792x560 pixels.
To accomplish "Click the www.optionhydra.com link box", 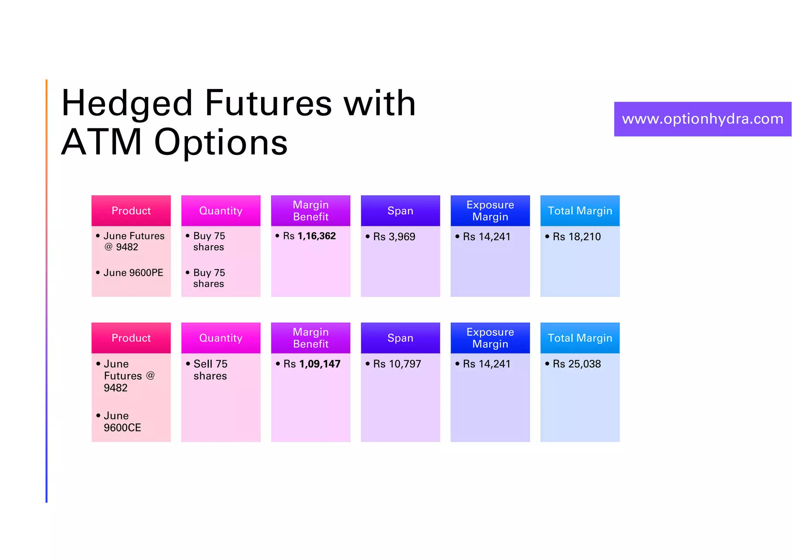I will click(702, 119).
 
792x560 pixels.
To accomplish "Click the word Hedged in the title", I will click(127, 103).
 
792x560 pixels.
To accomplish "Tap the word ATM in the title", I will click(102, 142).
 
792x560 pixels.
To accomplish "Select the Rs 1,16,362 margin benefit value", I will click(309, 236).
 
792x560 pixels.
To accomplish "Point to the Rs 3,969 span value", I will click(394, 237).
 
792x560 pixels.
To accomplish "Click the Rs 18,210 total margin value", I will click(577, 237).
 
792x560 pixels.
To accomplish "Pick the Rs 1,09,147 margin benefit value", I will click(312, 364).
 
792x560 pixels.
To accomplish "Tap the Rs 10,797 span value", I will click(397, 364).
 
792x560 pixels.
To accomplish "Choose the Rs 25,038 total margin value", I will click(577, 364).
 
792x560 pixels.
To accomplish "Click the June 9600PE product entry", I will click(133, 273).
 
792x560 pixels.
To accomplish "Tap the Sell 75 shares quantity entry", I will click(210, 370).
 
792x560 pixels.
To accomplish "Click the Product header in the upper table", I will click(131, 211).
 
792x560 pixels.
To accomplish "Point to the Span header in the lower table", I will click(400, 338).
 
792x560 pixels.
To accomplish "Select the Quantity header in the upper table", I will click(221, 211).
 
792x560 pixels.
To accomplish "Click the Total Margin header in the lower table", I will click(580, 338).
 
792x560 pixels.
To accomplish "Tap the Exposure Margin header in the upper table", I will click(490, 211).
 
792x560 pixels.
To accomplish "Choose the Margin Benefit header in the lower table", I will click(311, 338).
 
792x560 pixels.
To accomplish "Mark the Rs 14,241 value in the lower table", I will click(486, 364).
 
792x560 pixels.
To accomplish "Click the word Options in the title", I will click(221, 142).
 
